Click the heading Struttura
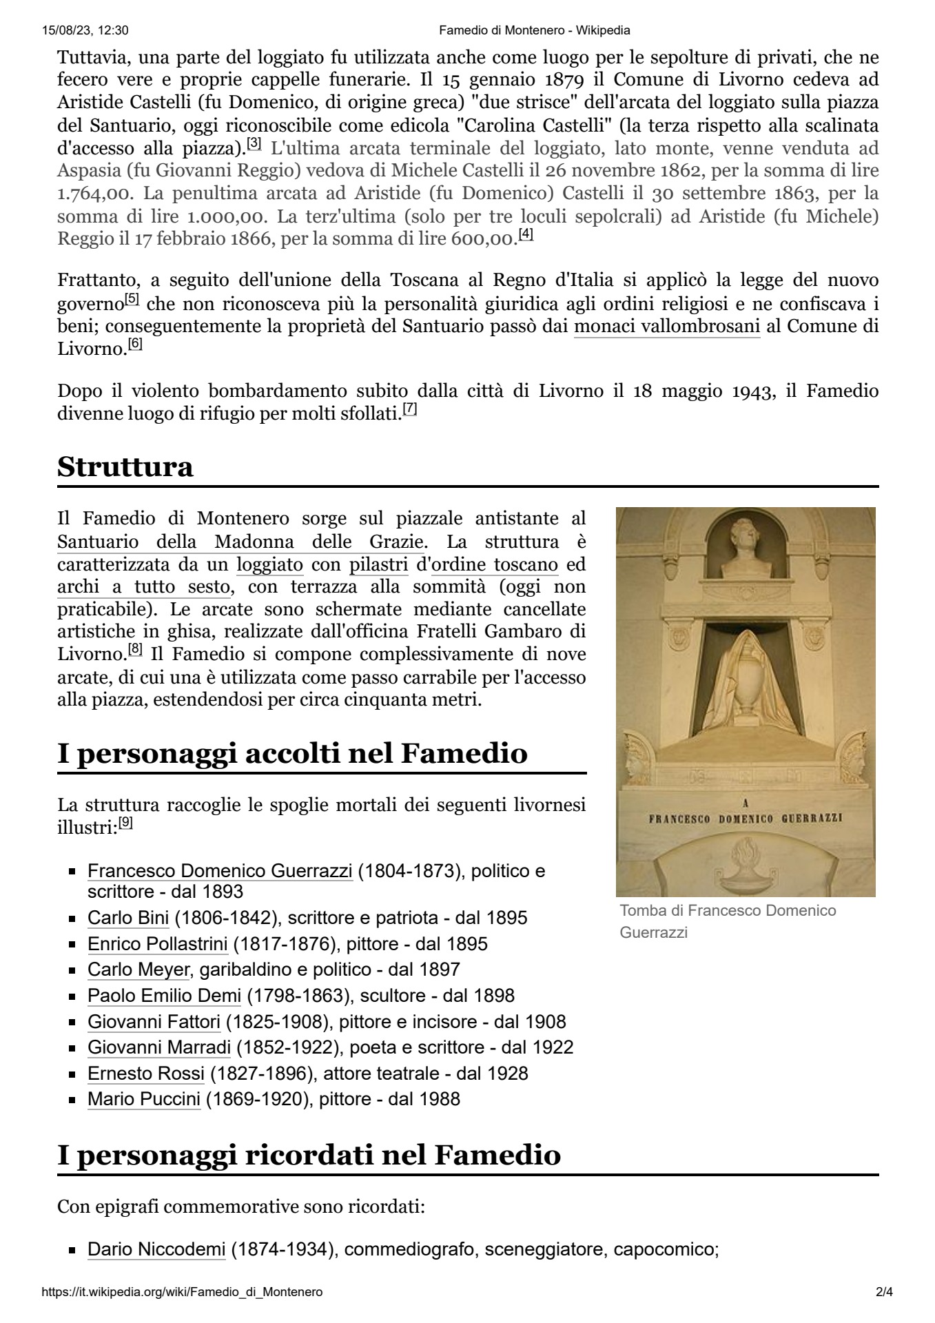[x=125, y=467]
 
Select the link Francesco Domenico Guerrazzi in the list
[x=220, y=871]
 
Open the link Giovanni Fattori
[x=154, y=1022]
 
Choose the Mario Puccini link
[x=143, y=1099]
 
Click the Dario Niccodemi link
[x=156, y=1249]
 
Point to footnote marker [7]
[x=410, y=409]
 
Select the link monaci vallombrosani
[x=666, y=327]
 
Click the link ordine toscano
[x=494, y=565]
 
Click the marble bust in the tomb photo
[x=746, y=548]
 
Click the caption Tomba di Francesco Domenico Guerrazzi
[x=728, y=921]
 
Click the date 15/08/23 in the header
[x=67, y=30]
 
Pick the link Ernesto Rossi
[x=145, y=1074]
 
